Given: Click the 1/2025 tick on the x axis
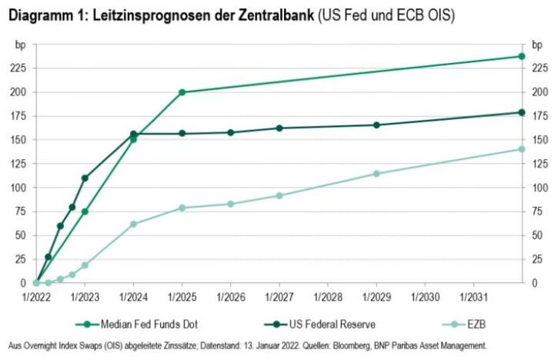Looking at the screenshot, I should pos(182,296).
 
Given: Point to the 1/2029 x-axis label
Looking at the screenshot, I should pos(376,296).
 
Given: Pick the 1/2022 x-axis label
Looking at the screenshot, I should pos(36,296).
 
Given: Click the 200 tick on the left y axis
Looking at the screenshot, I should pos(17,92).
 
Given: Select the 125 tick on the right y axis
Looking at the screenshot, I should pos(540,164).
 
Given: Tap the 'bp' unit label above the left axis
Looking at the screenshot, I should pos(20,45).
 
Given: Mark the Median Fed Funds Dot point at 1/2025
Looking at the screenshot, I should pos(182,92).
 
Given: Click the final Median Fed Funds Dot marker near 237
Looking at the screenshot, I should pos(521,56).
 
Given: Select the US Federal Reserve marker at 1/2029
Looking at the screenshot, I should pos(376,125).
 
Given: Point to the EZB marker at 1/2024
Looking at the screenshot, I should pos(133,224).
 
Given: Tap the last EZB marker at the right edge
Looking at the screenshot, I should pos(521,149).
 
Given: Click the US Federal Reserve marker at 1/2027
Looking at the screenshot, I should pos(279,128).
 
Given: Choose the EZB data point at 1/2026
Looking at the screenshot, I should pos(231,204).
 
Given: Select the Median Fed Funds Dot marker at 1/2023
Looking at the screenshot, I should pos(85,212).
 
